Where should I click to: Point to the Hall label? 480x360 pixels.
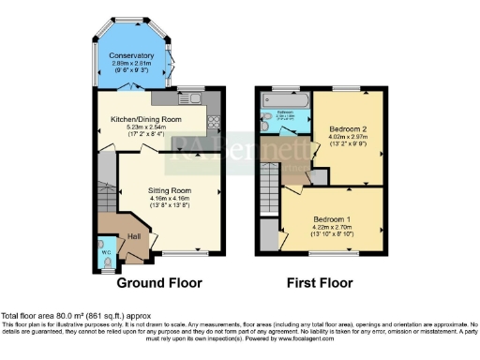pyautogui.click(x=134, y=236)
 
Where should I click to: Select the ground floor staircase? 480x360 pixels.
pyautogui.click(x=104, y=192)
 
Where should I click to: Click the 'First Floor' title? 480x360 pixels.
pyautogui.click(x=321, y=281)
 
